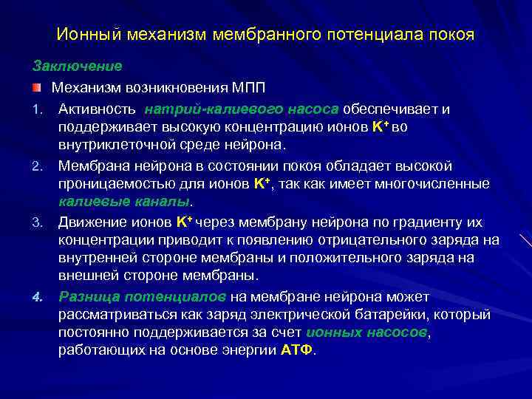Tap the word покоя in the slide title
click(x=447, y=35)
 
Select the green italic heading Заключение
click(x=77, y=66)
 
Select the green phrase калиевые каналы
click(x=124, y=201)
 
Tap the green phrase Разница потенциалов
click(x=143, y=297)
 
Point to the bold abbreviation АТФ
click(x=297, y=350)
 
